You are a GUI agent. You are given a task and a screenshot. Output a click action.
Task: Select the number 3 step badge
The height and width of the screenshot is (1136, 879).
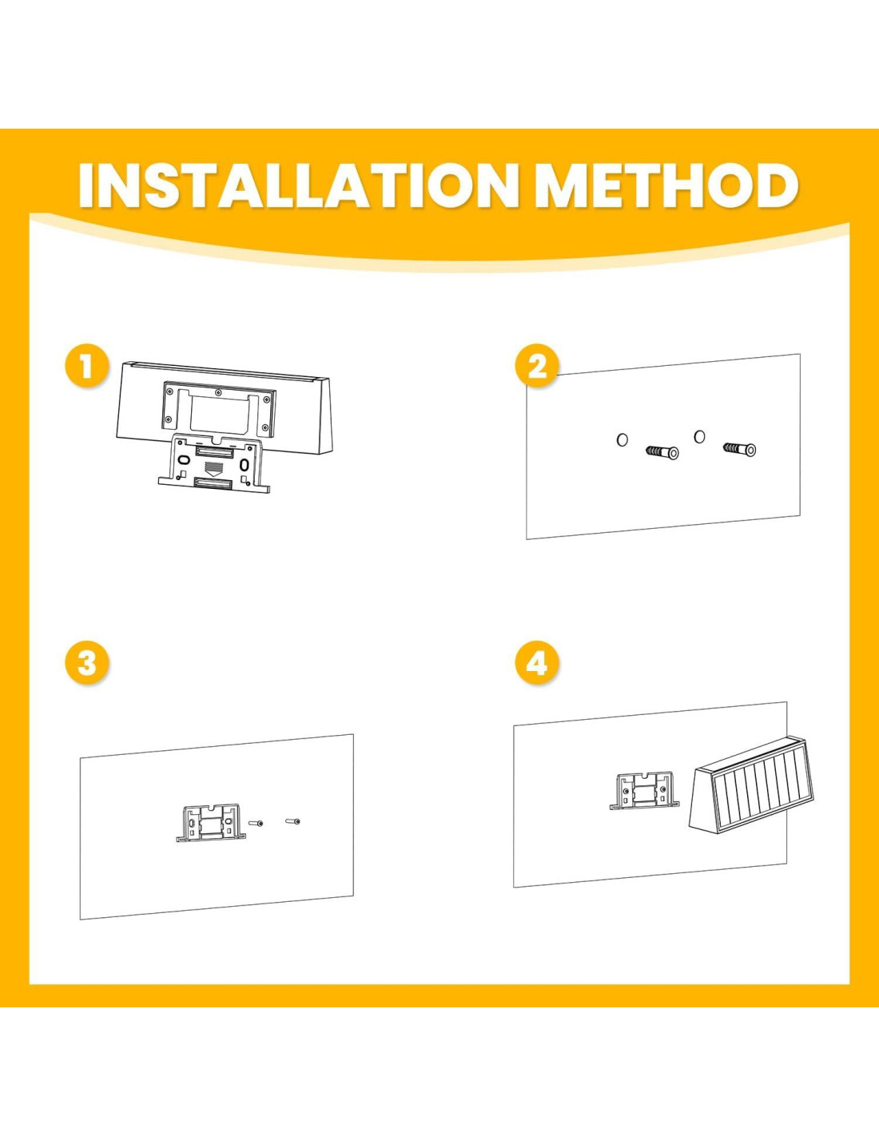87,664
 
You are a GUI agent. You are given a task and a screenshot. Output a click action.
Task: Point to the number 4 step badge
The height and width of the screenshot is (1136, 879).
537,664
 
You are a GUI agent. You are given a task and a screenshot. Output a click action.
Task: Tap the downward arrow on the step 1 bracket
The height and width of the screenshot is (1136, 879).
213,467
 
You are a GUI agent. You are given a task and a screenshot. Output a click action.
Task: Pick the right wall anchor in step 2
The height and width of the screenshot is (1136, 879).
740,449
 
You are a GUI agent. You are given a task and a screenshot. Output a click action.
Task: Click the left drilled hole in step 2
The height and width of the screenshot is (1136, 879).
622,439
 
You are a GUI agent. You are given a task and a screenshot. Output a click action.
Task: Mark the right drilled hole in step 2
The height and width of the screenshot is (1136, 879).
699,436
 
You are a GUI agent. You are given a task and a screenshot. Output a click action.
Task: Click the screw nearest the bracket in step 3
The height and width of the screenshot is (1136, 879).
256,824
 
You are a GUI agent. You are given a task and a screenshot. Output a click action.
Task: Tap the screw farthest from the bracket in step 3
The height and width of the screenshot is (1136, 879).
293,821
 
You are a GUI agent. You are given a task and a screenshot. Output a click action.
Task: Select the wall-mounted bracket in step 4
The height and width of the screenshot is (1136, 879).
645,790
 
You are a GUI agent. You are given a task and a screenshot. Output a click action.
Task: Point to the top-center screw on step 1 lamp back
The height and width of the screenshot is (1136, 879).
217,391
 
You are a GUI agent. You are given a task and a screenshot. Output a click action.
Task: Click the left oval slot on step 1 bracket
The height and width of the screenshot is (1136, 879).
182,459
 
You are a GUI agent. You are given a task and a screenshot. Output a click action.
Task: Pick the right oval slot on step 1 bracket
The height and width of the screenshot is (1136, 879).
244,463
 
